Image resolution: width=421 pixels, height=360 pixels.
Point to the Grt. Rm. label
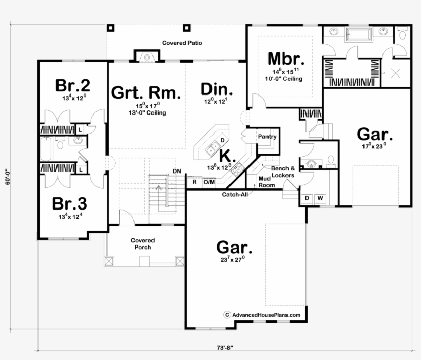(146, 93)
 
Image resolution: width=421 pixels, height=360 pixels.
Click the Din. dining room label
(217, 89)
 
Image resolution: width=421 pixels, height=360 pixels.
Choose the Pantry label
(267, 137)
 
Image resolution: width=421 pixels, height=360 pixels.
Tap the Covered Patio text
(181, 43)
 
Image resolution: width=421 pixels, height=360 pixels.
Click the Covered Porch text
(143, 243)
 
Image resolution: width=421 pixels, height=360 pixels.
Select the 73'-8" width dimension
(226, 348)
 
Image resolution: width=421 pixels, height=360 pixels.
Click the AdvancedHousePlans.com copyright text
(265, 315)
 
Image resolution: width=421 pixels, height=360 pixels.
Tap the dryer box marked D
(308, 198)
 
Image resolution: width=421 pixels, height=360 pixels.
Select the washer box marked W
(320, 198)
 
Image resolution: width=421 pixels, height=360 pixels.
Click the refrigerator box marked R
(195, 181)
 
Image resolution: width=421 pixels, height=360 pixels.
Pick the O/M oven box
(208, 181)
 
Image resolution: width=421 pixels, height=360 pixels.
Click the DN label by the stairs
(177, 171)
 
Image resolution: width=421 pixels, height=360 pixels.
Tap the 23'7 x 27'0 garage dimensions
(234, 260)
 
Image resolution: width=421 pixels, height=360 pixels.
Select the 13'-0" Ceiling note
(147, 113)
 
